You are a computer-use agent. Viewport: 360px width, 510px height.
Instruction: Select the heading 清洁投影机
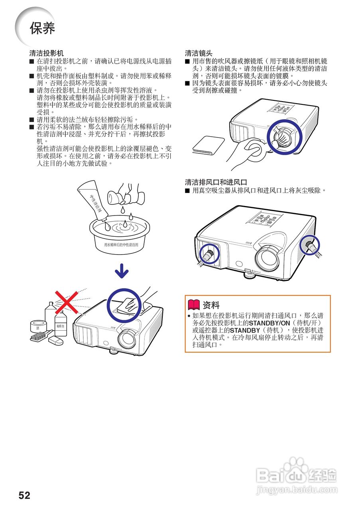coord(46,53)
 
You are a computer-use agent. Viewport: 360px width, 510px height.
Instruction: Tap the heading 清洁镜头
coord(199,53)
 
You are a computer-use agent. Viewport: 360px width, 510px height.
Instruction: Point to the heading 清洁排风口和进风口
coord(216,182)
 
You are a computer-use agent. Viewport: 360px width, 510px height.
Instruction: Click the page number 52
coord(24,495)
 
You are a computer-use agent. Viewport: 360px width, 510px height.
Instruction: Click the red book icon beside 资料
coord(193,305)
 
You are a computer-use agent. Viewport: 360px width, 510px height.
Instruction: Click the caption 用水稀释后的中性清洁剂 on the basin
coord(121,245)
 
